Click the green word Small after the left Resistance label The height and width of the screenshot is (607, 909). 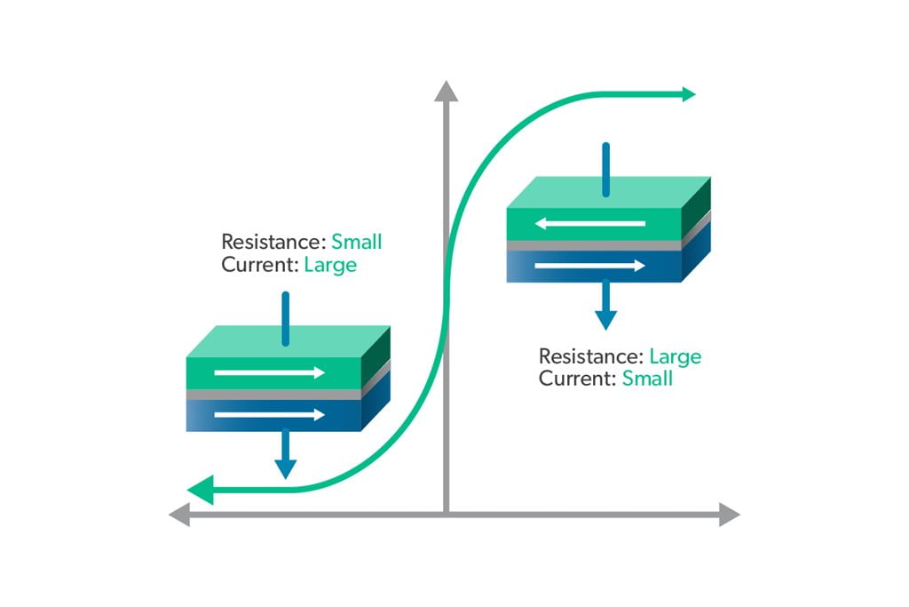[x=356, y=242]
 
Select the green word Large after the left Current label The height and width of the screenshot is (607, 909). [x=329, y=264]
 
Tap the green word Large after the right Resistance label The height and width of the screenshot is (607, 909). [x=675, y=356]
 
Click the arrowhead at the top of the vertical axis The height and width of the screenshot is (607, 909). [x=446, y=89]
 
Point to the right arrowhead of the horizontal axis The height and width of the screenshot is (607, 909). [x=730, y=514]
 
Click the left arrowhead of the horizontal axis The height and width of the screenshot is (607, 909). [x=180, y=514]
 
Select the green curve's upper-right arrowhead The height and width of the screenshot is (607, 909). [x=688, y=94]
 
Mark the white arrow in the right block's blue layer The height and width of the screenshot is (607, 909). [x=589, y=265]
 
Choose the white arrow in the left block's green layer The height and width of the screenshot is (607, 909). [x=270, y=372]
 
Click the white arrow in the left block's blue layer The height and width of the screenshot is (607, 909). [x=270, y=414]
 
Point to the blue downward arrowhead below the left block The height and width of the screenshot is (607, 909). [x=284, y=467]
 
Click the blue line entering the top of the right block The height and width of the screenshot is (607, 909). [x=605, y=168]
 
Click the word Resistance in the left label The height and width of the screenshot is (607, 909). [x=273, y=242]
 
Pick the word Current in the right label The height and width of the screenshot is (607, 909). [x=577, y=379]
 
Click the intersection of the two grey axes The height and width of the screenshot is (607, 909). [x=446, y=514]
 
